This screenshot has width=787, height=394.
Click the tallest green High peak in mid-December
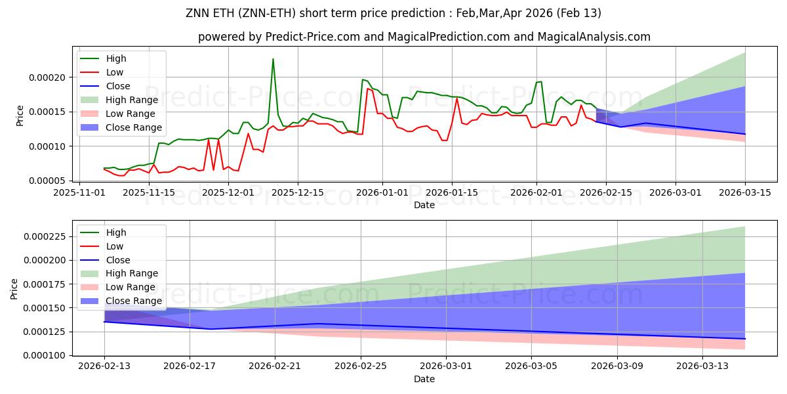pos(273,59)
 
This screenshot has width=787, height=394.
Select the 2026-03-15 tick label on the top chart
pos(744,192)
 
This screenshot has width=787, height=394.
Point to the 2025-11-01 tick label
pos(79,192)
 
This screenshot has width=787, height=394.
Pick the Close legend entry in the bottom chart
pos(118,260)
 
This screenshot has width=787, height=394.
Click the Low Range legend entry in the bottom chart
pos(131,287)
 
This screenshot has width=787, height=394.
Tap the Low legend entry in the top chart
pos(115,72)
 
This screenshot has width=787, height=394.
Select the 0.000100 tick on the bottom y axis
pos(45,355)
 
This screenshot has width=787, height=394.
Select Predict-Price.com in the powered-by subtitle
pos(313,37)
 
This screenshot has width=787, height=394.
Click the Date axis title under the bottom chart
pos(424,379)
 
